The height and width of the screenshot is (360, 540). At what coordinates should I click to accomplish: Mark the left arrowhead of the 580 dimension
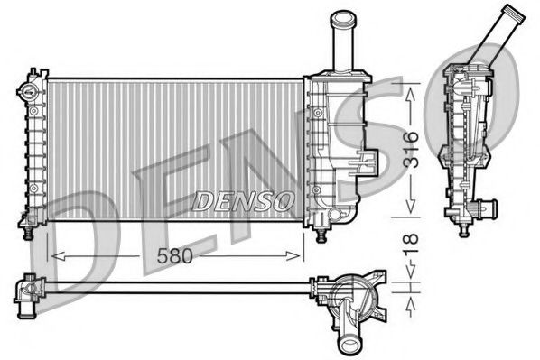[x=51, y=256]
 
